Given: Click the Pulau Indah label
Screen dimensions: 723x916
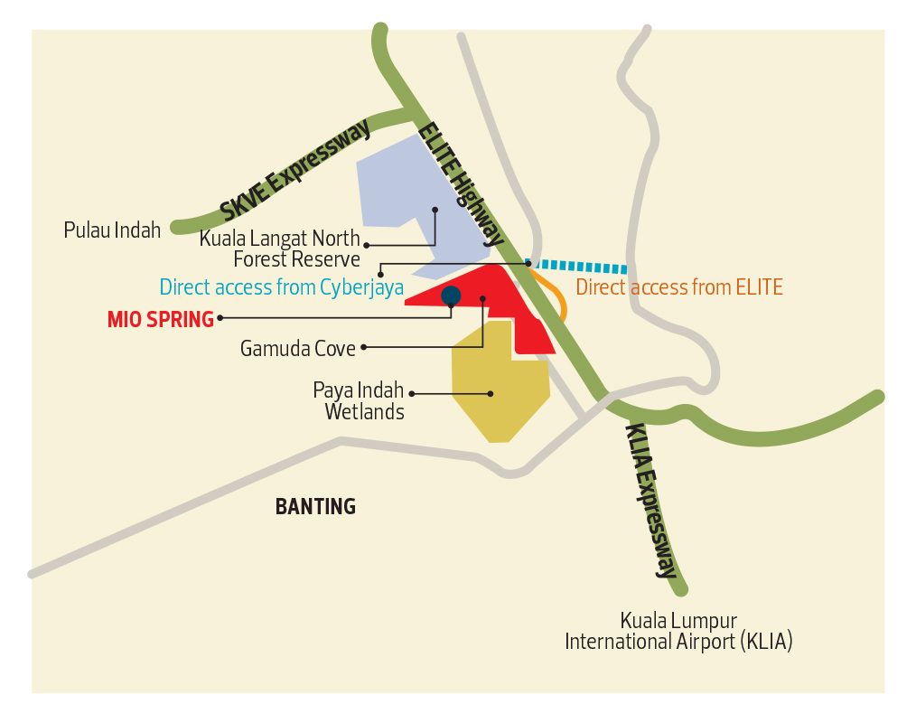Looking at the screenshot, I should (x=112, y=230).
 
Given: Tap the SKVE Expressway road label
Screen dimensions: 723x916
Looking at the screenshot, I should (x=295, y=169).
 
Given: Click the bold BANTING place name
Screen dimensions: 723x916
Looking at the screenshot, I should (x=315, y=507).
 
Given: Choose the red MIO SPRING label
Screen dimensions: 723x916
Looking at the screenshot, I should (x=161, y=319).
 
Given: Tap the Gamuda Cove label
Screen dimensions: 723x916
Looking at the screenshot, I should (x=298, y=348).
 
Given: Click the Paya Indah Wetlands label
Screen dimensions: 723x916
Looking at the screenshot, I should (x=359, y=401).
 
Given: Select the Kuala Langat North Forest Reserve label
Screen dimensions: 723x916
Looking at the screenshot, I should (x=280, y=249).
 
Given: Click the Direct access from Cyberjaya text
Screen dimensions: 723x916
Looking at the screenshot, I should (x=282, y=288).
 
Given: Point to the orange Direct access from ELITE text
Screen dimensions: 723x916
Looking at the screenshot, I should (x=679, y=288).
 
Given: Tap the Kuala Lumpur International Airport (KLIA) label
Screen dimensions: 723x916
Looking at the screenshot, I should (x=678, y=632).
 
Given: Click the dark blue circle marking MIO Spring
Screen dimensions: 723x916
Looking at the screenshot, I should (x=451, y=296).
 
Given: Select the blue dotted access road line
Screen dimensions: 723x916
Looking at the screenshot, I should (x=578, y=266).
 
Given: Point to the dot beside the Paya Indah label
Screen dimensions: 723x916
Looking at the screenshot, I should (x=412, y=393).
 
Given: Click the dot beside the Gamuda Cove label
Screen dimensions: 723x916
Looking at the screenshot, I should (x=364, y=347).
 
